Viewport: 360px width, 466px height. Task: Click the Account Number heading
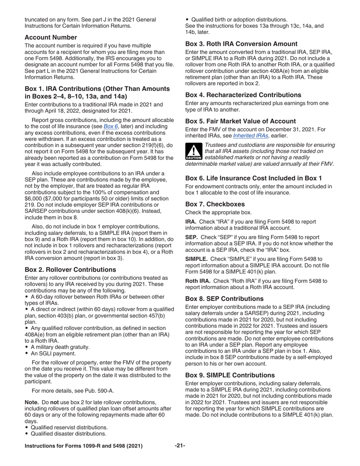[51, 37]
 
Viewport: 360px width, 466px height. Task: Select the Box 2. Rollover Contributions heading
[70, 269]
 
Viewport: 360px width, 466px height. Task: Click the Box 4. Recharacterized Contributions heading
[243, 95]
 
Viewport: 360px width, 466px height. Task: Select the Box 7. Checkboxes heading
[215, 204]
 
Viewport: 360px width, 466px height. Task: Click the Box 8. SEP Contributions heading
[230, 299]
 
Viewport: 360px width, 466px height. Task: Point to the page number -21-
[180, 446]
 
